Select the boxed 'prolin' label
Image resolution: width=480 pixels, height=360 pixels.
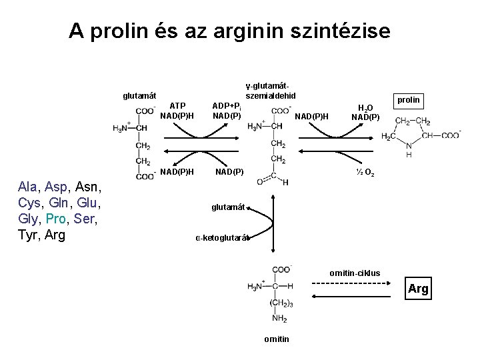click(x=408, y=100)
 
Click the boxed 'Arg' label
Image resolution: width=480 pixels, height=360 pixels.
click(x=418, y=289)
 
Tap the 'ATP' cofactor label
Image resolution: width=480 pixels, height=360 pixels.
click(x=177, y=105)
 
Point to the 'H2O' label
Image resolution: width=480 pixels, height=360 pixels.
click(x=365, y=108)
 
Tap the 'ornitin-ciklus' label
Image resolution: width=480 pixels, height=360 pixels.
click(x=355, y=273)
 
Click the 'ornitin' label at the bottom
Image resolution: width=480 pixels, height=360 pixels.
click(x=276, y=339)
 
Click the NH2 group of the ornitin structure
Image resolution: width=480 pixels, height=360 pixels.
click(x=279, y=319)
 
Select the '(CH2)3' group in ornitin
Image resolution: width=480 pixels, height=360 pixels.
click(x=281, y=303)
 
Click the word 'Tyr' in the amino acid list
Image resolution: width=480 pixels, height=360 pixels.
click(x=29, y=235)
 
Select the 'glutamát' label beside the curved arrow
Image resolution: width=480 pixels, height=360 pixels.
click(x=228, y=207)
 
